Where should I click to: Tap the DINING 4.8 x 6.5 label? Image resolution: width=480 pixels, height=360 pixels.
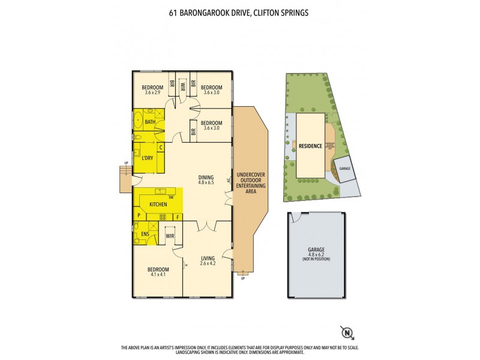(x=206, y=179)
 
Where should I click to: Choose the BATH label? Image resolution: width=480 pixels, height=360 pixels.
(x=149, y=122)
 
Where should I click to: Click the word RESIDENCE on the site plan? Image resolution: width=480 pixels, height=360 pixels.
(x=310, y=146)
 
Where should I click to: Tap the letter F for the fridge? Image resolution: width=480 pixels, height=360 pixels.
(x=178, y=216)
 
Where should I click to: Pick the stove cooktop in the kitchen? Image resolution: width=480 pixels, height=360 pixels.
(x=162, y=216)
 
